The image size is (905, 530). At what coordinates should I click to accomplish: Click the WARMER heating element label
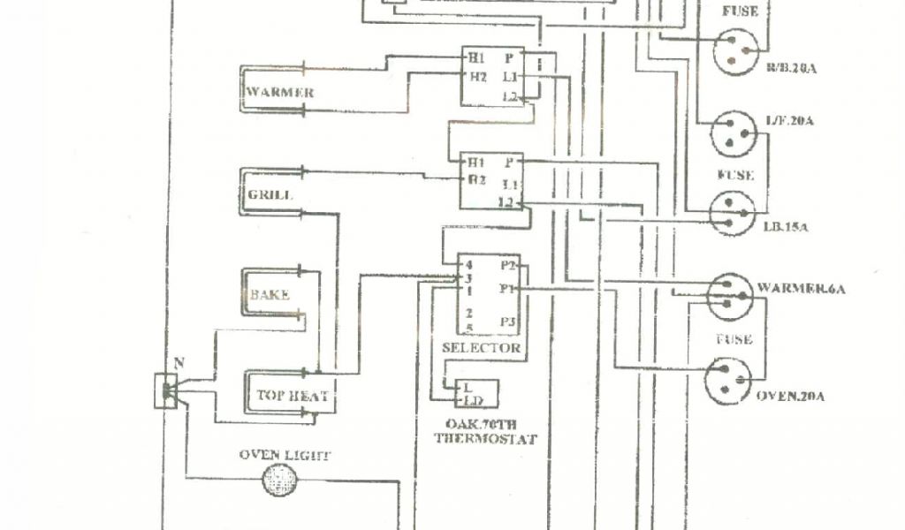(x=280, y=92)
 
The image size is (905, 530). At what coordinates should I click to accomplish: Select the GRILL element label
(x=270, y=194)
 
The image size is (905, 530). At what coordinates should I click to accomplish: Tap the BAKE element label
(x=270, y=296)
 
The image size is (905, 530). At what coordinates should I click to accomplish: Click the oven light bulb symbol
(x=281, y=482)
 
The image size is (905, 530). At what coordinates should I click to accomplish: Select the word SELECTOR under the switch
(x=481, y=348)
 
